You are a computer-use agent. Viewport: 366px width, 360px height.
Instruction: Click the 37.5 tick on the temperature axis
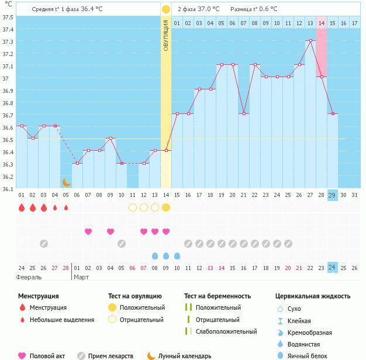point(8,17)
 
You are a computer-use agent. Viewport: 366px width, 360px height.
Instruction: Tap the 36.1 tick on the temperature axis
point(8,189)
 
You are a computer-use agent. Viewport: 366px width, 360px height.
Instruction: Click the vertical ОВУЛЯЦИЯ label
point(166,35)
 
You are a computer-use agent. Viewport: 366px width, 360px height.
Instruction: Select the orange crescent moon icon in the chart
point(67,182)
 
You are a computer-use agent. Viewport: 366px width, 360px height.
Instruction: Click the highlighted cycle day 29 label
point(332,195)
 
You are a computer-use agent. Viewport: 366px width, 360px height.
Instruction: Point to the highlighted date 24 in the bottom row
point(332,268)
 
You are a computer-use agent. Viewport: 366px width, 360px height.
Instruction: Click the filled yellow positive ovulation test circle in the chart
point(166,207)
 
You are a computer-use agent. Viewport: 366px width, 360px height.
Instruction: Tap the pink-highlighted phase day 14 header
point(322,23)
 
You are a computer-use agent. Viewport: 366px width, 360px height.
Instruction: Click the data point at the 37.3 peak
point(310,41)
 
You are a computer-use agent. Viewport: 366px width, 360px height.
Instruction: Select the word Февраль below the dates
point(29,278)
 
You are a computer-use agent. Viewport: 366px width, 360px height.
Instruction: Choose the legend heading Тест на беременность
point(217,296)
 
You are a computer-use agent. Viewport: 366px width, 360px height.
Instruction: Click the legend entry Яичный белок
point(310,356)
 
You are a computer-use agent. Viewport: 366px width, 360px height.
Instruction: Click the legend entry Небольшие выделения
point(62,320)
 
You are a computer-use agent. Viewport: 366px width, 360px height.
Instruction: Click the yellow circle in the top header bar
point(166,9)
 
